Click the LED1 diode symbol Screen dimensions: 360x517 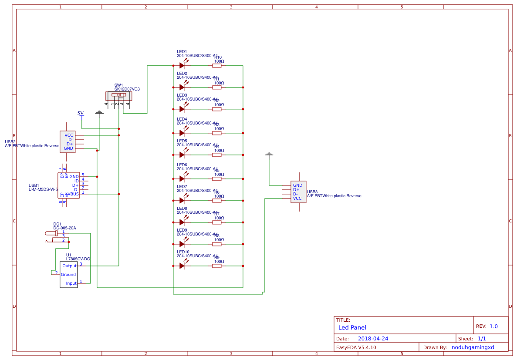(182, 65)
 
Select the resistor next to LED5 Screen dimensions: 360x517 (217, 155)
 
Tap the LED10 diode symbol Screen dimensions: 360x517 (182, 266)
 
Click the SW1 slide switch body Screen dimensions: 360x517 (118, 95)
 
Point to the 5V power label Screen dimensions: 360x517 (81, 113)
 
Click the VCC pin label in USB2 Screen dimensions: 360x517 (69, 135)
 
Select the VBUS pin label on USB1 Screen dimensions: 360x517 (73, 194)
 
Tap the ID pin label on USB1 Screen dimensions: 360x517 (76, 181)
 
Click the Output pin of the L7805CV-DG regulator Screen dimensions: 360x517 (69, 266)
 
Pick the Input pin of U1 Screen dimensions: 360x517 (71, 283)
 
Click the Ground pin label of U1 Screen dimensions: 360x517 (68, 274)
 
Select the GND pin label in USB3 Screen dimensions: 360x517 (297, 185)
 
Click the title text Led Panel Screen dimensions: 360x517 (352, 327)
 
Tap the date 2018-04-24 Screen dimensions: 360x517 (373, 338)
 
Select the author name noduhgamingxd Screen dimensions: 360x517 (473, 347)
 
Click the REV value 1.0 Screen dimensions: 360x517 (493, 326)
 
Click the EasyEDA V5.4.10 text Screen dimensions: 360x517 (356, 347)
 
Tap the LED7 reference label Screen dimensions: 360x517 (182, 186)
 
